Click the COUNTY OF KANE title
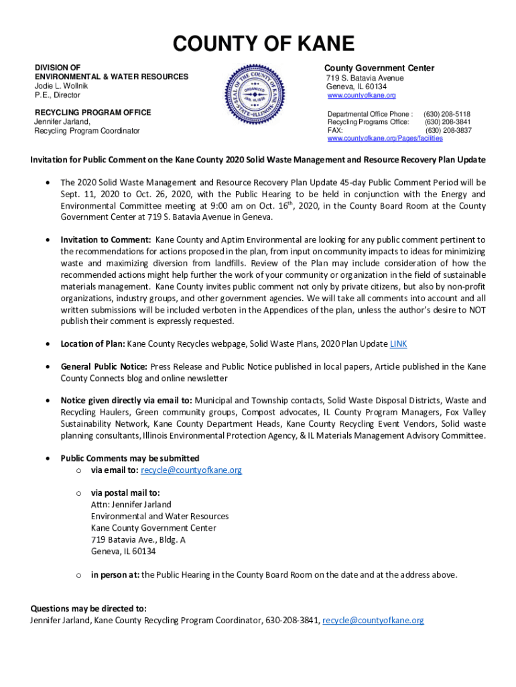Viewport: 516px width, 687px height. [263, 44]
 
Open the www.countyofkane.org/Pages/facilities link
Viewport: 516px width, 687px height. [385, 138]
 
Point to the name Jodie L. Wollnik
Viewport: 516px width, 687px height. [62, 86]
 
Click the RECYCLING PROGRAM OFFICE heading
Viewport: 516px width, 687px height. [92, 112]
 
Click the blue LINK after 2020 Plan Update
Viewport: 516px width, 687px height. [398, 344]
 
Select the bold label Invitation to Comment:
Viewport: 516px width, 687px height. [106, 240]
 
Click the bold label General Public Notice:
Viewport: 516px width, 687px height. [105, 367]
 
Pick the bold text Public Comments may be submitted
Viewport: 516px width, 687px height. [129, 458]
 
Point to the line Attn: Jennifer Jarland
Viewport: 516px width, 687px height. [131, 505]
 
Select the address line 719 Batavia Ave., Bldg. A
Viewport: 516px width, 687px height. [138, 539]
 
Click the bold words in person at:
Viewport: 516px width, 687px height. [115, 575]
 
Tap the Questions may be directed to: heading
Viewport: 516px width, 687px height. [88, 609]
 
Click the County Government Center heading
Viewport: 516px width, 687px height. [379, 68]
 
